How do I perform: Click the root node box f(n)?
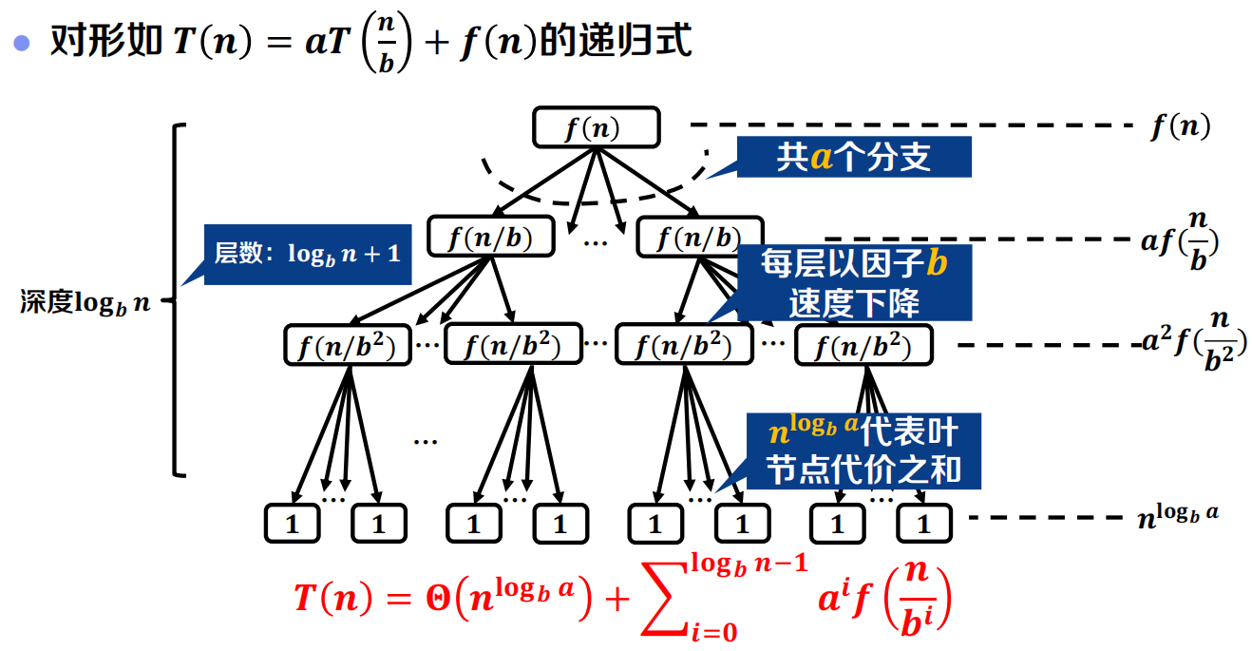595,127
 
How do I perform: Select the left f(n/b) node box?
491,237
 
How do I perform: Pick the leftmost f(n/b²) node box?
347,345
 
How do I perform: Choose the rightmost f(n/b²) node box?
863,345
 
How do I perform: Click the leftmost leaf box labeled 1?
292,524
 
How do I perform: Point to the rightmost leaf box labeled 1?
923,524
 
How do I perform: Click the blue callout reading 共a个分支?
853,157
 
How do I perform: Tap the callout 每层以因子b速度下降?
853,283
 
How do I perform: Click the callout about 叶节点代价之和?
863,450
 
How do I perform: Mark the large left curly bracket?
177,299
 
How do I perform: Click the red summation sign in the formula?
666,600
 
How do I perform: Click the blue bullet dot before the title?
22,44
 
